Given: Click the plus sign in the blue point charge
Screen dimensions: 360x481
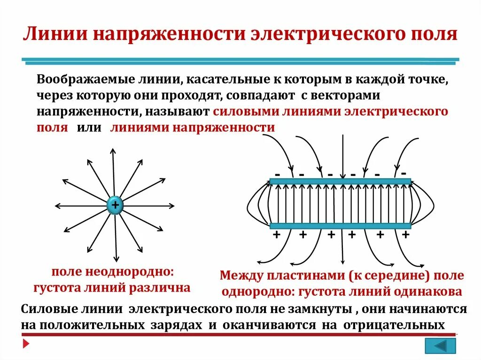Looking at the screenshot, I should coord(115,205).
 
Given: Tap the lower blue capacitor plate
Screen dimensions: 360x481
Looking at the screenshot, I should coord(340,226).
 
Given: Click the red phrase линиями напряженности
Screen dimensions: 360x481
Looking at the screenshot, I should coord(193,128).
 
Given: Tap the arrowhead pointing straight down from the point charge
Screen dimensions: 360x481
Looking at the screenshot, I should coord(116,259).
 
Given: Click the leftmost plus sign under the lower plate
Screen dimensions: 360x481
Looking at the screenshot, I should coord(276,235).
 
